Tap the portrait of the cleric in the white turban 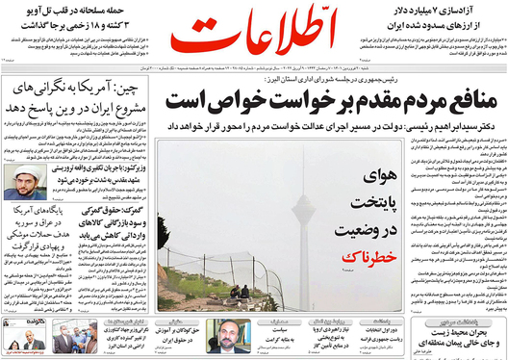point(18,178)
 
